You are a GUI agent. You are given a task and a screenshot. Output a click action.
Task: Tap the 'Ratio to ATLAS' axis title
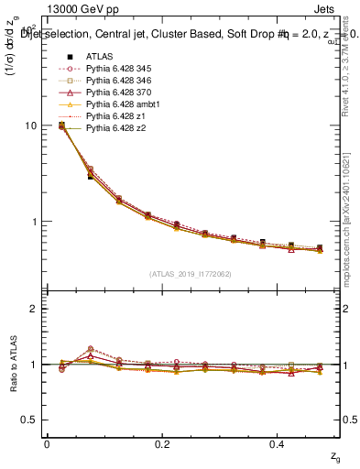coord(12,365)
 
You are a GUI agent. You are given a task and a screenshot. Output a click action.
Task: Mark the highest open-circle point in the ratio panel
coord(90,348)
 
